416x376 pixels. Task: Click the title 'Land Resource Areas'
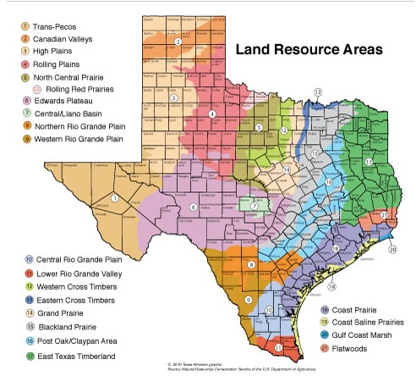[309, 50]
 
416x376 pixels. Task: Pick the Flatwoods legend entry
[342, 349]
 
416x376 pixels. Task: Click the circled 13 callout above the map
[318, 91]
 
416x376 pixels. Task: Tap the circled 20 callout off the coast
[391, 249]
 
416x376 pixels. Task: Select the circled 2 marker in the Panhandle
[178, 41]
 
